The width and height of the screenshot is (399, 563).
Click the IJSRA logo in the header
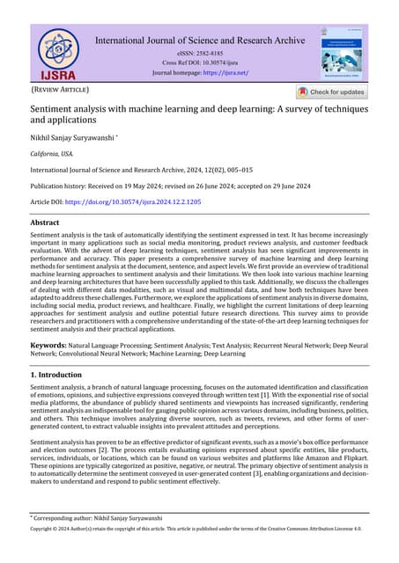(x=58, y=55)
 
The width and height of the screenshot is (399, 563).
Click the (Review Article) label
(x=60, y=90)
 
